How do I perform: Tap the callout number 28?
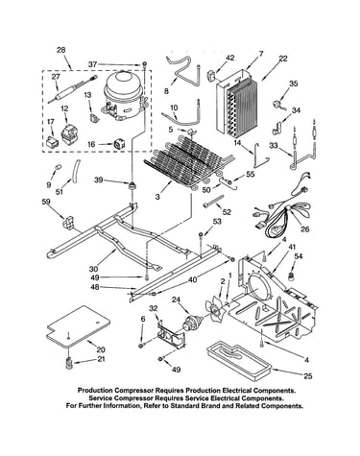click(x=60, y=50)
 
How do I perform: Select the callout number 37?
click(x=92, y=64)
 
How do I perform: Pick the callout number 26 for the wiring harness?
click(x=305, y=229)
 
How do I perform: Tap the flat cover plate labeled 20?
click(x=79, y=326)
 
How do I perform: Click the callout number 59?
click(x=46, y=202)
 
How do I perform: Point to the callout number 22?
click(x=282, y=59)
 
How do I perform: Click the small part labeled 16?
click(x=119, y=144)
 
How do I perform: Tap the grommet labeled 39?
click(x=132, y=185)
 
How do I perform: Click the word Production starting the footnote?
click(x=95, y=391)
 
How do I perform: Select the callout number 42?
click(x=229, y=58)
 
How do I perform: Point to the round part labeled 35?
click(x=276, y=105)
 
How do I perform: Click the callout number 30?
click(x=94, y=269)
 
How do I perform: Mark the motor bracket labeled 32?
click(x=171, y=335)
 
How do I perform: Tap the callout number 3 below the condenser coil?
click(x=157, y=197)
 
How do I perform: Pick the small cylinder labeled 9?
click(x=58, y=167)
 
